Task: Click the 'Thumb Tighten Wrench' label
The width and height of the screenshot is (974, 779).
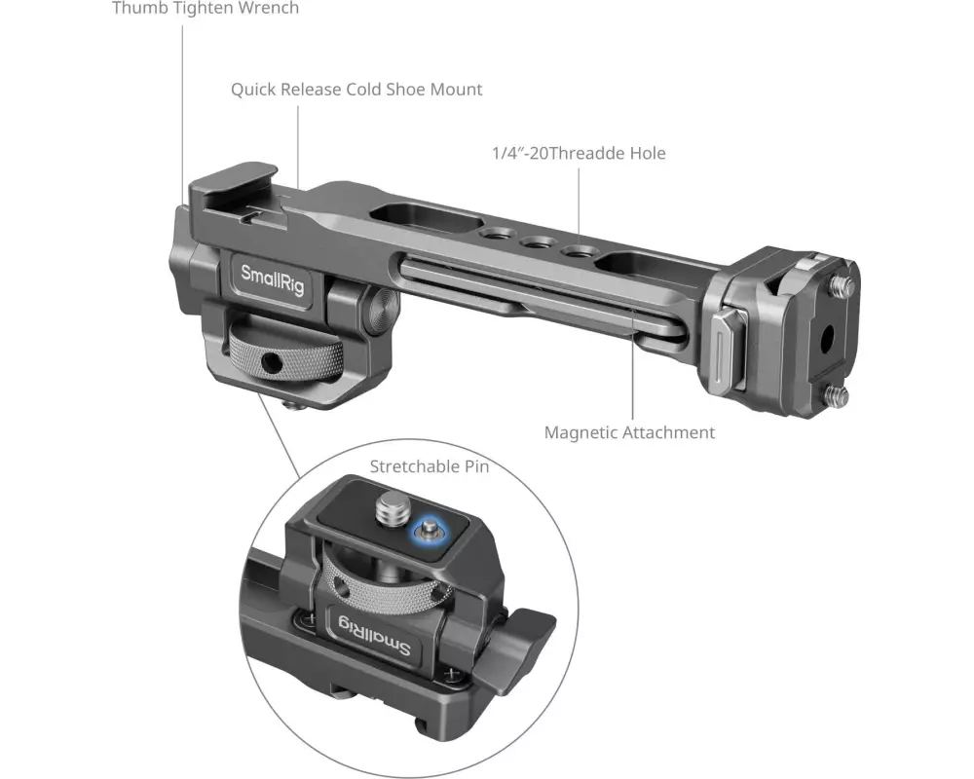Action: click(206, 8)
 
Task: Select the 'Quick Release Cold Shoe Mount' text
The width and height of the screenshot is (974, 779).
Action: click(356, 90)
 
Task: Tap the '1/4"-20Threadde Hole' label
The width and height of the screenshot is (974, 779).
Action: click(579, 153)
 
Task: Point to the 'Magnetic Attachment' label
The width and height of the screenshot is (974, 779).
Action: click(629, 432)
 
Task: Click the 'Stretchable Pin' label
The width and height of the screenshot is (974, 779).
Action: click(430, 466)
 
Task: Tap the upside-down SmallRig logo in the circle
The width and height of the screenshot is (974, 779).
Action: click(374, 635)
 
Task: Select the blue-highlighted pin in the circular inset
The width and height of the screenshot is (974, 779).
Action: click(429, 531)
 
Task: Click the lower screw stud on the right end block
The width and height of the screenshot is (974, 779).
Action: click(837, 395)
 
